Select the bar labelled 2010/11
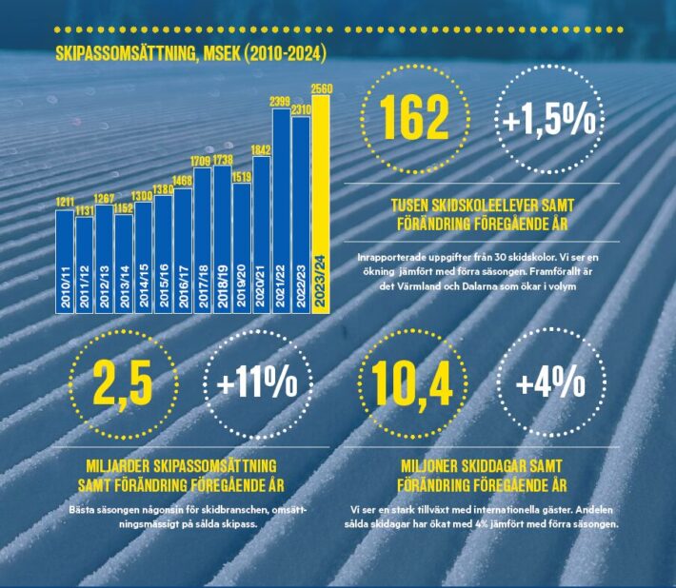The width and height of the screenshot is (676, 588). click(65, 257)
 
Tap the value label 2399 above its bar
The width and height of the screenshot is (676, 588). click(280, 102)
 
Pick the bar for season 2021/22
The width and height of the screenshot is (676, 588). click(281, 209)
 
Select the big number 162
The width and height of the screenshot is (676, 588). click(414, 118)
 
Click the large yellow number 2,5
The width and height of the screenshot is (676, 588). click(123, 383)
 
